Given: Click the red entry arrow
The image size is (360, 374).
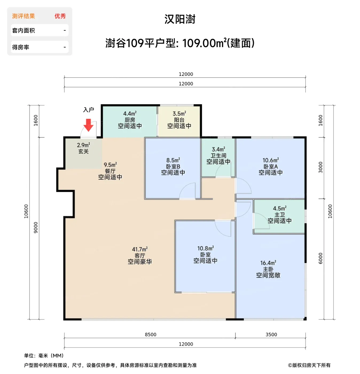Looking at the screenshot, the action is coord(88,125).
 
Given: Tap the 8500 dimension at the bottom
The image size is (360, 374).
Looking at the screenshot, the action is coord(150,335).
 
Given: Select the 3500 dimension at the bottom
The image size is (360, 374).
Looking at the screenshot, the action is coord(271,335).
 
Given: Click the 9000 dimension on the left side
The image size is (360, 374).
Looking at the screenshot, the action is coord(36,228).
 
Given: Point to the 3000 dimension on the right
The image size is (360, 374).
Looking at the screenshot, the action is coord(320,167).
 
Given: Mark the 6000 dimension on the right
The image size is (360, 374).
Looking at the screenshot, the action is coord(320,258).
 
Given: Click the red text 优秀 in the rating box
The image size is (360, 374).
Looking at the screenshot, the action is coord(60,16).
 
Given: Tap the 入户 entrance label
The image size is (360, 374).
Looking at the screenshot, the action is coord(89,110).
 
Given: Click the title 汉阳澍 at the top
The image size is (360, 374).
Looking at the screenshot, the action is coord(180,19).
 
